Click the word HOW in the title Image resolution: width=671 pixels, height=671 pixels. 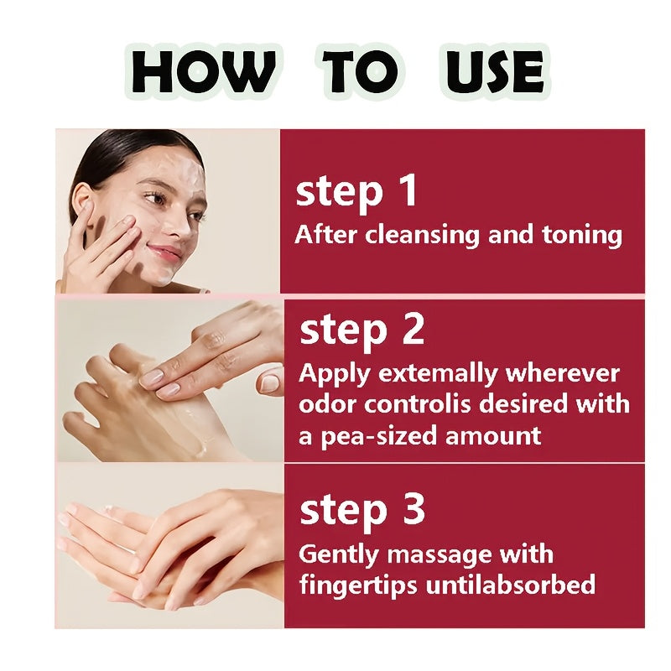(x=203, y=71)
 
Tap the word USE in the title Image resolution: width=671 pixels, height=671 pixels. (x=495, y=71)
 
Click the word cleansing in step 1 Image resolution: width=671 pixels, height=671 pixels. (x=423, y=236)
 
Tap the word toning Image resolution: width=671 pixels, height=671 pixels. (x=582, y=237)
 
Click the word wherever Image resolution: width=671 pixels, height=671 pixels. (x=563, y=373)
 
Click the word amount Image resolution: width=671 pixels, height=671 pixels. (x=493, y=436)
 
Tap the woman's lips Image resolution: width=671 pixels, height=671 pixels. (x=164, y=253)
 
